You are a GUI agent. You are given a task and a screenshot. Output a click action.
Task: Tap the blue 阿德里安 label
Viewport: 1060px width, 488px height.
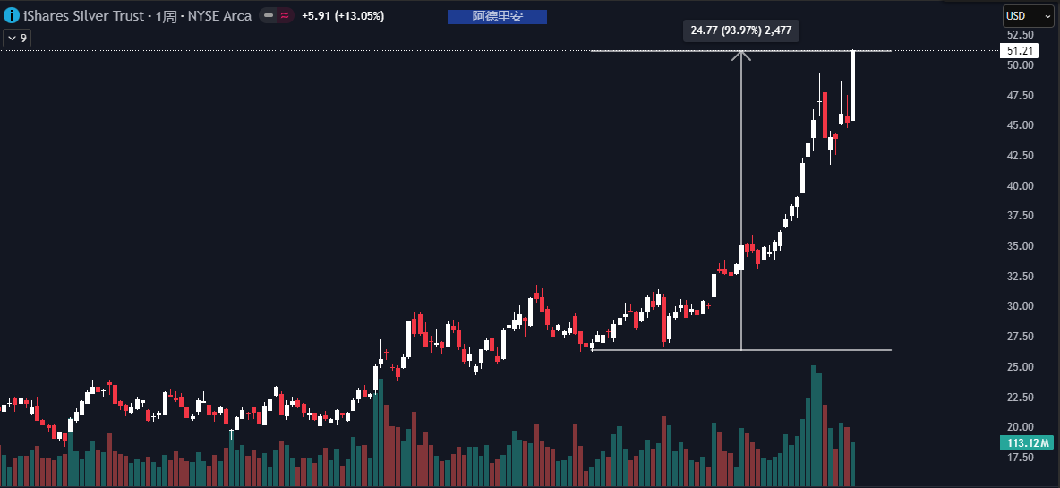[x=496, y=16]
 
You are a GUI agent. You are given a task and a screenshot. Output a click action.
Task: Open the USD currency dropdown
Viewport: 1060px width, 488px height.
[x=1028, y=16]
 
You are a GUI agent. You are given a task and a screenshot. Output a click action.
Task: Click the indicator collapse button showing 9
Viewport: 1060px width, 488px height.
[x=17, y=38]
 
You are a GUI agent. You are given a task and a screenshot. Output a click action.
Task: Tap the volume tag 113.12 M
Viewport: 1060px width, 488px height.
[x=1022, y=442]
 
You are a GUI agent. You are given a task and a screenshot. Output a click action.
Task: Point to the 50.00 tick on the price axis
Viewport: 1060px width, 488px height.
[x=1021, y=65]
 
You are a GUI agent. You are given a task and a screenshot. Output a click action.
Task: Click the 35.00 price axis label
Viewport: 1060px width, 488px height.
[x=1021, y=246]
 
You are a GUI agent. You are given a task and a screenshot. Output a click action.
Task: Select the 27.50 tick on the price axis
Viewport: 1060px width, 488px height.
[x=1021, y=337]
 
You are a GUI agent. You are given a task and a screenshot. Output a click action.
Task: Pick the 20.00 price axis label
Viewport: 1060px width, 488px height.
[x=1021, y=427]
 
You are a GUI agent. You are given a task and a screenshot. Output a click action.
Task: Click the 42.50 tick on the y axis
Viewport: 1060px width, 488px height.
[x=1021, y=156]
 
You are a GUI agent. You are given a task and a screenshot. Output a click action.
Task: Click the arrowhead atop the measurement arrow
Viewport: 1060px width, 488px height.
[x=741, y=55]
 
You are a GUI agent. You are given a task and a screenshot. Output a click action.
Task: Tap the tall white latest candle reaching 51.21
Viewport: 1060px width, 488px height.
[x=852, y=85]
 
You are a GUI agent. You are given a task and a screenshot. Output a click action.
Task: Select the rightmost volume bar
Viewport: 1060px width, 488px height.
[x=853, y=464]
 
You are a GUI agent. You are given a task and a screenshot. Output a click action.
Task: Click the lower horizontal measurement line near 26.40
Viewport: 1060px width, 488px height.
[x=806, y=349]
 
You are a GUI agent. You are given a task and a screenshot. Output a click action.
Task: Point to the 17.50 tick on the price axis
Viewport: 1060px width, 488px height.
[x=1021, y=458]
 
